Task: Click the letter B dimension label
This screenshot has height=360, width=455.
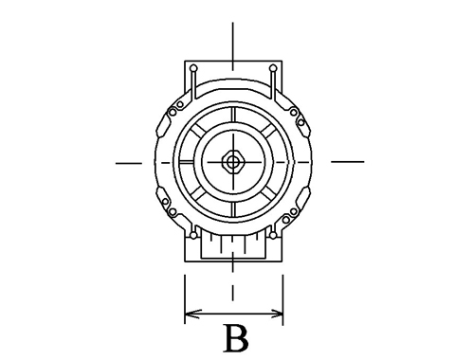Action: click(x=236, y=338)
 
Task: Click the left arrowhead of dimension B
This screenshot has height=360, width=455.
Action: click(x=191, y=314)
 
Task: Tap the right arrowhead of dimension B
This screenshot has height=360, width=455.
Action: click(x=276, y=314)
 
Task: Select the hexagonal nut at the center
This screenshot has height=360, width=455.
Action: click(x=233, y=162)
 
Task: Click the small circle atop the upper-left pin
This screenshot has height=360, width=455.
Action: click(x=194, y=68)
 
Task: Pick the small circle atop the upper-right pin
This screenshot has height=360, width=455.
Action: click(x=273, y=68)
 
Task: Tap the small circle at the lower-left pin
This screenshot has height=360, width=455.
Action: click(x=193, y=235)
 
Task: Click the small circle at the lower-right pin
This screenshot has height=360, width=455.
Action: click(x=273, y=235)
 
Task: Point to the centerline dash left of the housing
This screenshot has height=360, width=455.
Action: click(x=129, y=163)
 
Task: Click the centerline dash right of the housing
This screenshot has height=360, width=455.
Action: click(x=348, y=161)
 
